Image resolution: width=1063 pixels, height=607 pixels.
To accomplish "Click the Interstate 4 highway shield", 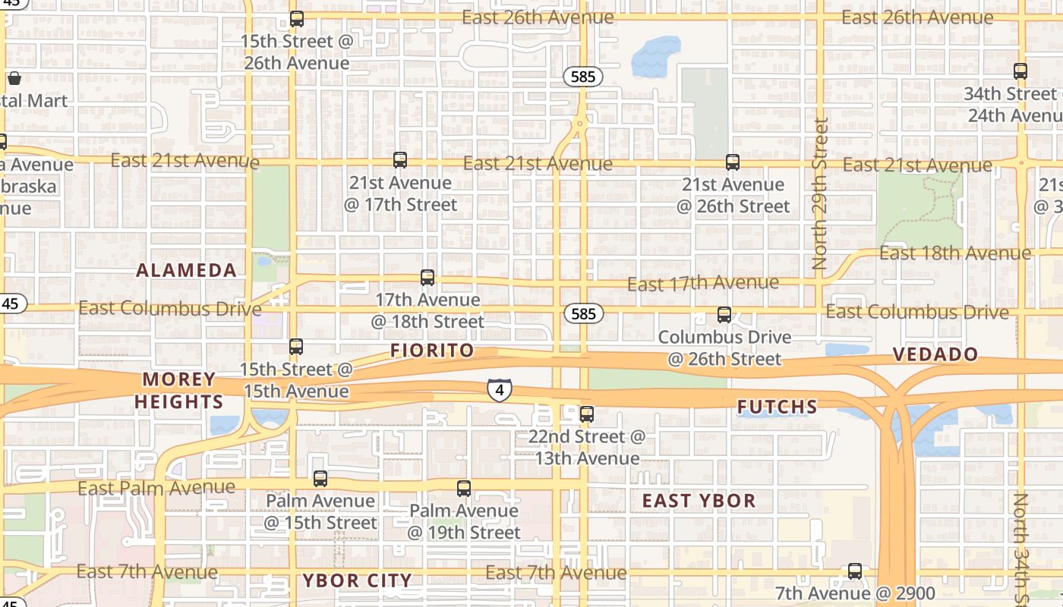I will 499,389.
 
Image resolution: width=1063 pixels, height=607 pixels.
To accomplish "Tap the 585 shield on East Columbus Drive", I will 583,313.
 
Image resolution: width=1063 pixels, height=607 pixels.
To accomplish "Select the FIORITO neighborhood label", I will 432,350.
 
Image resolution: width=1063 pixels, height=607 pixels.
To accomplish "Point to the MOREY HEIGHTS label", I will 179,390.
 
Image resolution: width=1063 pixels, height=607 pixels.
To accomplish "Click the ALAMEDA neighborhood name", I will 186,270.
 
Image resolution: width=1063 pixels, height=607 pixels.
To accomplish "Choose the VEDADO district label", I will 935,354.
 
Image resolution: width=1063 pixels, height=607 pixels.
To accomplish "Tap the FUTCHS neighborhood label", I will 778,407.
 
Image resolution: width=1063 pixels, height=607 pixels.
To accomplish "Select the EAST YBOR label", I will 699,501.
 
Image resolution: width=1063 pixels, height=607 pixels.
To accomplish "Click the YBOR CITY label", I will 357,580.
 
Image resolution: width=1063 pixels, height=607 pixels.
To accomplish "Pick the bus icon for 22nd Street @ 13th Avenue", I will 587,414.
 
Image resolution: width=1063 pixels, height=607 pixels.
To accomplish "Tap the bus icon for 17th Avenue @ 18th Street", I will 427,278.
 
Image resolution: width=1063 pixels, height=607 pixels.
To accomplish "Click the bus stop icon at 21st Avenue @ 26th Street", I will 732,162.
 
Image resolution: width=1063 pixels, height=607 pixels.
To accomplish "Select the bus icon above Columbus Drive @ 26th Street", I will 724,314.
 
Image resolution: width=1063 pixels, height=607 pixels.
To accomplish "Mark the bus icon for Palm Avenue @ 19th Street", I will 464,489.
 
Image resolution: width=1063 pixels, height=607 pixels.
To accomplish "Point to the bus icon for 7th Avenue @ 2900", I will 855,571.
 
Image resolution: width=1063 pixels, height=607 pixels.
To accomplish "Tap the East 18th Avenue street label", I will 954,253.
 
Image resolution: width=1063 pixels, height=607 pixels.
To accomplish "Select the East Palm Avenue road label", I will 156,487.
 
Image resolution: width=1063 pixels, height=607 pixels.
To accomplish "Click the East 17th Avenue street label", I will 702,283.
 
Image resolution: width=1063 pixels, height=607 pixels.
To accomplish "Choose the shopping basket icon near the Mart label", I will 14,78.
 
